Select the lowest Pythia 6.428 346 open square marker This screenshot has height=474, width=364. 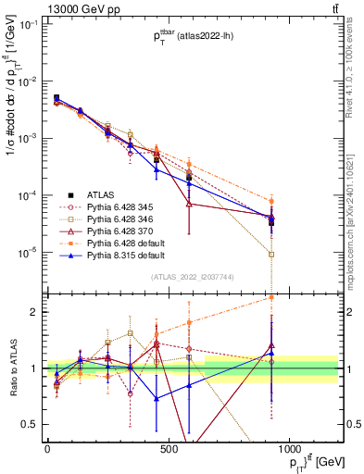pos(271,255)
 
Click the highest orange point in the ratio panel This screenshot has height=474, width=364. pos(271,298)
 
